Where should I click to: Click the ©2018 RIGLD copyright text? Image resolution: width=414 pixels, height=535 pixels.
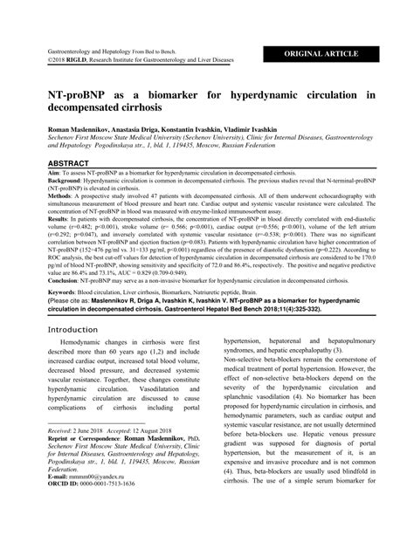point(70,62)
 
